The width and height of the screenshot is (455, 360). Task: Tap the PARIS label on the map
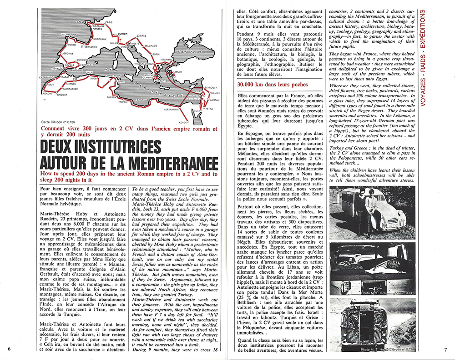109,22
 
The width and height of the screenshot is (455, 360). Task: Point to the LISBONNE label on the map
67,53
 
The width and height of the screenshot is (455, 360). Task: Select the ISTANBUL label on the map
167,60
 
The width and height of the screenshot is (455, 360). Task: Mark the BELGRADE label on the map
151,46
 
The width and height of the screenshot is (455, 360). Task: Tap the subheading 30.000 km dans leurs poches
273,85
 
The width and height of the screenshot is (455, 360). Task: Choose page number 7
446,349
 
